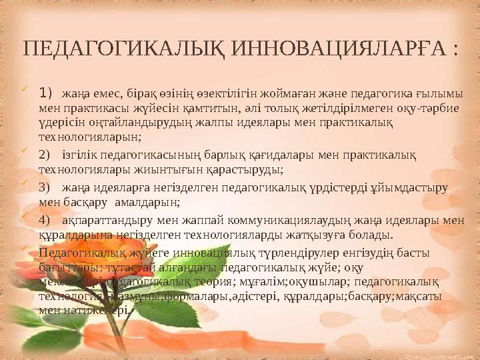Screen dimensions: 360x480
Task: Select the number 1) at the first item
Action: point(45,91)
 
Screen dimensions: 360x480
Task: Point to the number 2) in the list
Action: point(45,155)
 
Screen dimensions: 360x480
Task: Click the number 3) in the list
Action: point(45,187)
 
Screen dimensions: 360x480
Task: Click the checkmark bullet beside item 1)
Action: point(25,88)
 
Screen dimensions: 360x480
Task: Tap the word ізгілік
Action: point(78,155)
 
